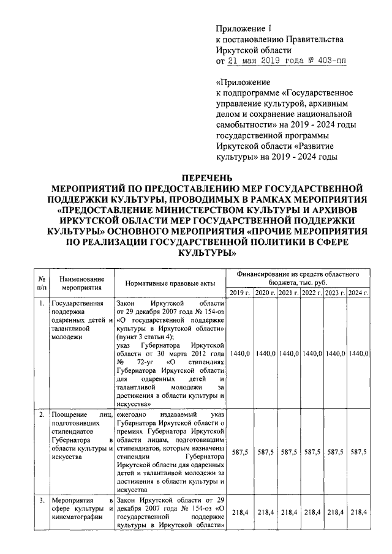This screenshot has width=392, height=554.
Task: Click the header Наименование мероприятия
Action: coord(77,283)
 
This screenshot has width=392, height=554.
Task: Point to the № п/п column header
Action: coord(42,283)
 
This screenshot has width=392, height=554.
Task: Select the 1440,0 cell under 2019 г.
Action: coord(240,354)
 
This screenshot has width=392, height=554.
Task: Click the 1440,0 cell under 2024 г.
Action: coord(358,354)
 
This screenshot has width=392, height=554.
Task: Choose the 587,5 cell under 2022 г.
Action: coord(312,452)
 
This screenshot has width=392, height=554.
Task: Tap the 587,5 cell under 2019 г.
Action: coord(240,452)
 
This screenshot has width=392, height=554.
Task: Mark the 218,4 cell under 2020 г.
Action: coord(265,512)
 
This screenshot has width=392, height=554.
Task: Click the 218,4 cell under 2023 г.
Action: coord(335,512)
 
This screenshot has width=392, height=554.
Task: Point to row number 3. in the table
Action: coord(41,500)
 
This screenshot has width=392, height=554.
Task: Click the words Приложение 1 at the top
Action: coord(243,28)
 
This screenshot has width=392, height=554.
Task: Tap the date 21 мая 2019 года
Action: coord(265,61)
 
